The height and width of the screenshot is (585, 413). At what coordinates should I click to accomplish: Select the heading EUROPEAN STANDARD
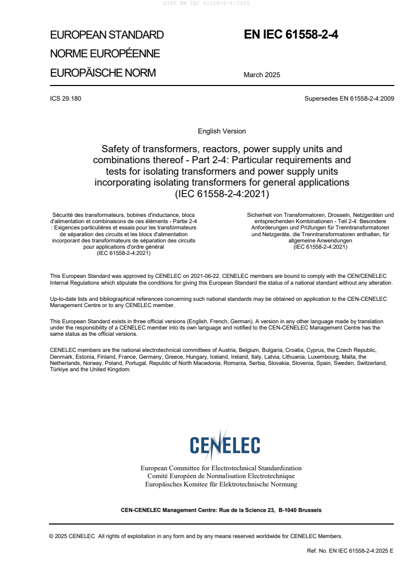[x=107, y=35]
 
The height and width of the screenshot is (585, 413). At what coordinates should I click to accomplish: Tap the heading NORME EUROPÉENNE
[x=105, y=54]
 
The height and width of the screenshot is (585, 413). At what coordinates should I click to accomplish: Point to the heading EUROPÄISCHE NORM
[x=103, y=73]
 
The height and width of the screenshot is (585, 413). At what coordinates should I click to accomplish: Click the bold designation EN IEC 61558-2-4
[x=291, y=35]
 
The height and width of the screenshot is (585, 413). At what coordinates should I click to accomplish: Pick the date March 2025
[x=261, y=75]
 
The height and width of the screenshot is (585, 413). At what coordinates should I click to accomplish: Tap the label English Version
[x=222, y=131]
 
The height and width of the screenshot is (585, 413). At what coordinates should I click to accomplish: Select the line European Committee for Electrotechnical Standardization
[x=221, y=468]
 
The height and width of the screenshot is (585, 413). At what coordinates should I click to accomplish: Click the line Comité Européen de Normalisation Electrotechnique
[x=221, y=476]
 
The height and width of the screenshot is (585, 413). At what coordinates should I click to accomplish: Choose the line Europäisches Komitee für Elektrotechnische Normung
[x=221, y=484]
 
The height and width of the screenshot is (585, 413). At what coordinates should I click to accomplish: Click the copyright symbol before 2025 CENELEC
[x=52, y=536]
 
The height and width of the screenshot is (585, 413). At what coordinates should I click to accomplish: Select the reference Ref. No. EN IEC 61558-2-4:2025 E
[x=350, y=551]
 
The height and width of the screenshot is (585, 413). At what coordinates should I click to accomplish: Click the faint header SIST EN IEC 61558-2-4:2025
[x=206, y=3]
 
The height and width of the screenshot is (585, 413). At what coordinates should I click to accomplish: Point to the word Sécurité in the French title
[x=64, y=215]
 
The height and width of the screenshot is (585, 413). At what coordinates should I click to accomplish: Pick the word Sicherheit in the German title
[x=259, y=215]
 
